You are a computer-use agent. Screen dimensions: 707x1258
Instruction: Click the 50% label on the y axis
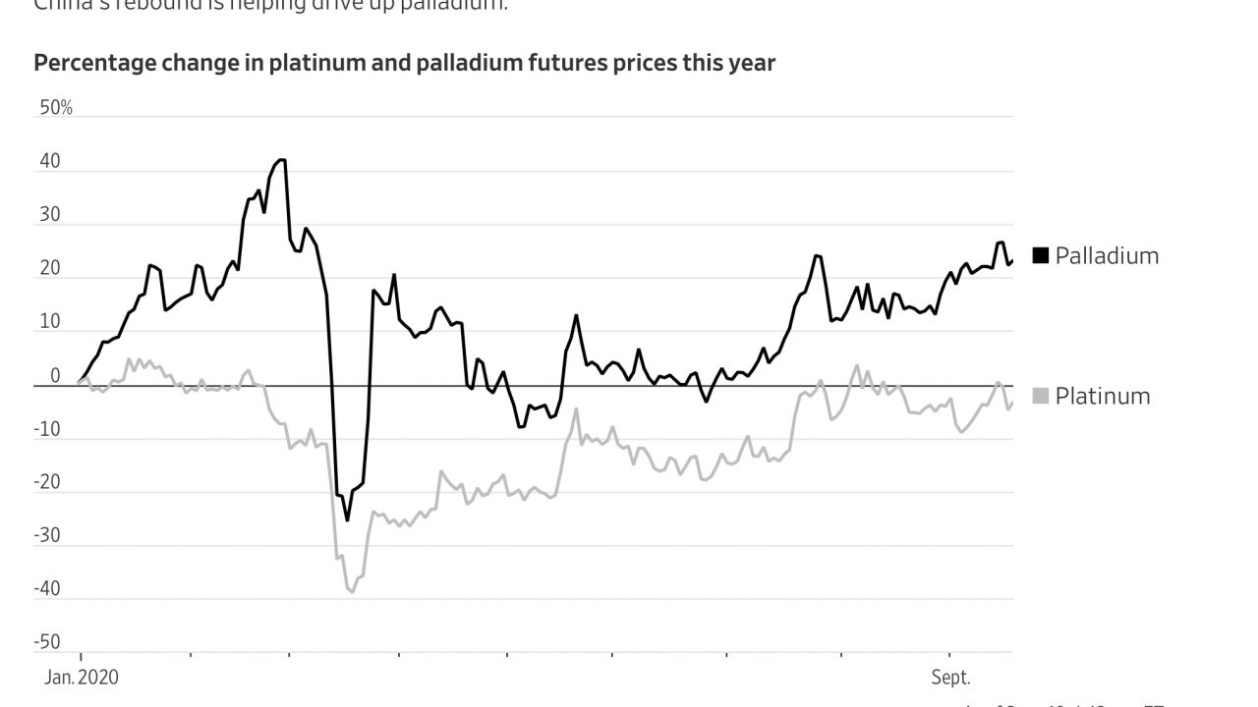[x=56, y=108]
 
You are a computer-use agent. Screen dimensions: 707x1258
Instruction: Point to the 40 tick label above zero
[x=50, y=162]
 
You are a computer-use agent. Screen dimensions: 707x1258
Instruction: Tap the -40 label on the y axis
[x=47, y=589]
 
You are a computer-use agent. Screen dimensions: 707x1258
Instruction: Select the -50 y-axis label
[x=47, y=642]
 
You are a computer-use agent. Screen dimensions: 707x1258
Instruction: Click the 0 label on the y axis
[x=55, y=376]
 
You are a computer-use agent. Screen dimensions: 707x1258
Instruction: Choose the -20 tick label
[x=47, y=482]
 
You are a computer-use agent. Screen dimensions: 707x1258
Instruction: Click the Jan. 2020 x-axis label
[x=81, y=678]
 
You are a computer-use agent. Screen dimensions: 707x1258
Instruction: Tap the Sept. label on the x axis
[x=950, y=678]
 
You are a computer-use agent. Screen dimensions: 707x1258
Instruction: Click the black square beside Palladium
[x=1041, y=256]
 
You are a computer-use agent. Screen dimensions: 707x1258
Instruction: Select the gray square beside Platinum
[x=1041, y=396]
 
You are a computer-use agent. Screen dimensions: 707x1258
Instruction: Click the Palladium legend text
[x=1107, y=256]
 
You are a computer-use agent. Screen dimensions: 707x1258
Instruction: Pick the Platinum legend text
[x=1102, y=397]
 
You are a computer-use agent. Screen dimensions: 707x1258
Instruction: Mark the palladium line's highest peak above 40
[x=282, y=159]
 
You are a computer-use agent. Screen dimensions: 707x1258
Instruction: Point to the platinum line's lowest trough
[x=352, y=592]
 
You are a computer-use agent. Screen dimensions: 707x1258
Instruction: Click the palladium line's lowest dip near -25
[x=347, y=520]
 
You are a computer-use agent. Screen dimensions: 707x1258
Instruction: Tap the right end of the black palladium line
[x=1012, y=260]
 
